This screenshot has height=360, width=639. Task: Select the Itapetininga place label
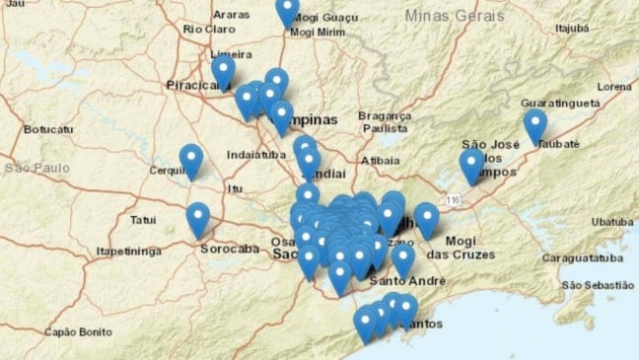click(x=128, y=252)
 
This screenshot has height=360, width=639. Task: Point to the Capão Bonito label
click(x=74, y=330)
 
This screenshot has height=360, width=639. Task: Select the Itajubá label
click(x=579, y=30)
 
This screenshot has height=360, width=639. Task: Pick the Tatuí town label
click(x=144, y=219)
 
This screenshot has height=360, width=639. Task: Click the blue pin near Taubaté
click(x=535, y=125)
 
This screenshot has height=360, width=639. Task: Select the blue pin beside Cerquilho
click(x=190, y=160)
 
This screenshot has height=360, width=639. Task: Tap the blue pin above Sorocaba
click(x=198, y=219)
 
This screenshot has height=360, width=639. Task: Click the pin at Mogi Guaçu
click(x=287, y=10)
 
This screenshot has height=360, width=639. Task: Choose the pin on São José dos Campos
click(x=472, y=165)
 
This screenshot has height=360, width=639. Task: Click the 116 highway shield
click(x=454, y=200)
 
